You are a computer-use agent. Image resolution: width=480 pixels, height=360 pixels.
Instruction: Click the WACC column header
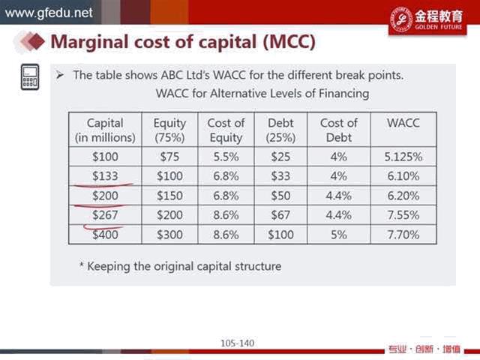click(x=403, y=123)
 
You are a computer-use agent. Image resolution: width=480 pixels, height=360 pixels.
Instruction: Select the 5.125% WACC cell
click(x=403, y=157)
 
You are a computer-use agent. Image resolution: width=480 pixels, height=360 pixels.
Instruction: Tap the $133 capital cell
click(x=105, y=176)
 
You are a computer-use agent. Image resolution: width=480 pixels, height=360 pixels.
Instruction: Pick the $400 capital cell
click(x=105, y=235)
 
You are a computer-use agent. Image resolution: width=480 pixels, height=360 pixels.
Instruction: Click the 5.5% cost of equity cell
click(x=226, y=157)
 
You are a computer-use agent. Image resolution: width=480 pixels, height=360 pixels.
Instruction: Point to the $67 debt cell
click(x=280, y=215)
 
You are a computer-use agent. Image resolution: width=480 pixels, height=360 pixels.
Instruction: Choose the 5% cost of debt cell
click(x=338, y=235)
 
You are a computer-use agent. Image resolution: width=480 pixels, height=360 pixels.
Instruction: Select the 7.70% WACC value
click(x=403, y=235)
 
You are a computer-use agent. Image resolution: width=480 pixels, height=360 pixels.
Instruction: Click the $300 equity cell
click(x=169, y=235)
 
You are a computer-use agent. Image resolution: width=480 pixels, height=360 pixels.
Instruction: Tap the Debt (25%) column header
click(x=280, y=130)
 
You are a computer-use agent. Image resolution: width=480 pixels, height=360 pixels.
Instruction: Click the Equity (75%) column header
click(x=169, y=130)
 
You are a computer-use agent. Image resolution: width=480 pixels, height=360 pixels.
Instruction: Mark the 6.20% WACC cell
click(x=403, y=196)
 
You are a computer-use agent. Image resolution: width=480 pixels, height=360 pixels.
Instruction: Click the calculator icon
click(x=30, y=77)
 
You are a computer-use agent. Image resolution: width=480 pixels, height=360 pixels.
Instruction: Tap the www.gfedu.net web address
click(x=49, y=13)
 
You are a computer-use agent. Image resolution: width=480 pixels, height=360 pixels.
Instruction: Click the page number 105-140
click(x=237, y=343)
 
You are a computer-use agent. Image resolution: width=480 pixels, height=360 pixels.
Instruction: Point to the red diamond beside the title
click(x=37, y=41)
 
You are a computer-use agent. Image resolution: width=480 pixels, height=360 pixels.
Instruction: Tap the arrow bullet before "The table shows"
click(x=60, y=75)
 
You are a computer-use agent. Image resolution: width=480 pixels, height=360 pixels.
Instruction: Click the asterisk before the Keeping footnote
click(x=82, y=264)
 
